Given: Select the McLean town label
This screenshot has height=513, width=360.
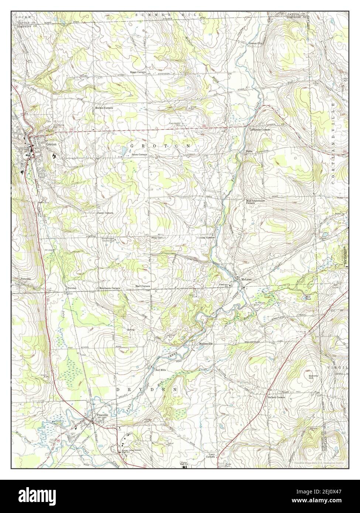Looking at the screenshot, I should point(246,279).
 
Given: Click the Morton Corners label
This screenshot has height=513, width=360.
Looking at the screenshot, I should point(104,108).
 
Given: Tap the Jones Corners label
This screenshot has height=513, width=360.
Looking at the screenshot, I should point(140,155).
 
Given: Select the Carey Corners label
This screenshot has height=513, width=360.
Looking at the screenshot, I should point(105,213).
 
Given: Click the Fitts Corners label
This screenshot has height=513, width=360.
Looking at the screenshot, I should point(158,238).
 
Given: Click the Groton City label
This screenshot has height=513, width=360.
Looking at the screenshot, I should point(255,44).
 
